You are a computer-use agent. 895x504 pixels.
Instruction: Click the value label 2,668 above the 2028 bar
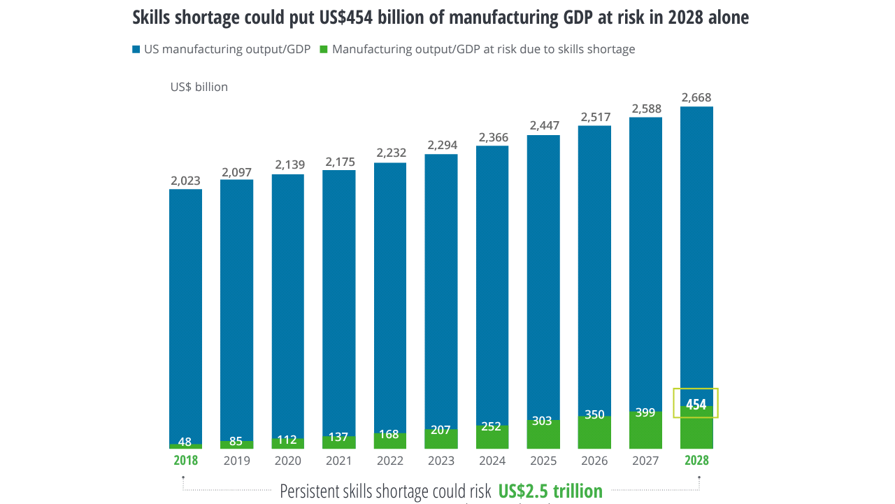[696, 97]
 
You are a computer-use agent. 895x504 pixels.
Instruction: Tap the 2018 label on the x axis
[186, 461]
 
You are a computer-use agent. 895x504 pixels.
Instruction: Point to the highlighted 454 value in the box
[696, 404]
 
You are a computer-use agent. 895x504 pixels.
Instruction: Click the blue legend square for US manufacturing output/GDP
[136, 50]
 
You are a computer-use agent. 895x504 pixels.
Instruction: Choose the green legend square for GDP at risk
[324, 50]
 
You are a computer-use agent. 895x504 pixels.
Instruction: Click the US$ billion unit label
[199, 87]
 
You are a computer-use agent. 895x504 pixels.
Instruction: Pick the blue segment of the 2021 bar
[339, 301]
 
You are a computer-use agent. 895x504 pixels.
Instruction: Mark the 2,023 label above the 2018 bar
[185, 181]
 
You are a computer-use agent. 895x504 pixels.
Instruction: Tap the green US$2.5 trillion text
[550, 491]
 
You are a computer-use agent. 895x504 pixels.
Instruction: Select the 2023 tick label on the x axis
[441, 461]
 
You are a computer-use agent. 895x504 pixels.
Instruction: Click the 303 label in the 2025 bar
[543, 421]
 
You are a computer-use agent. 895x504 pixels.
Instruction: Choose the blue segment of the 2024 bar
[492, 280]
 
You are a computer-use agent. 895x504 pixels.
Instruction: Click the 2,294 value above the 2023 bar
[441, 145]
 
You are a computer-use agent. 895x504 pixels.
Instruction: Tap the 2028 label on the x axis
[696, 461]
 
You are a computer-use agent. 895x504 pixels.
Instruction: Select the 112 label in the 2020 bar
[288, 440]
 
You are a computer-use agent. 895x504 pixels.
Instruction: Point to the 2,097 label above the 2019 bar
[237, 171]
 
